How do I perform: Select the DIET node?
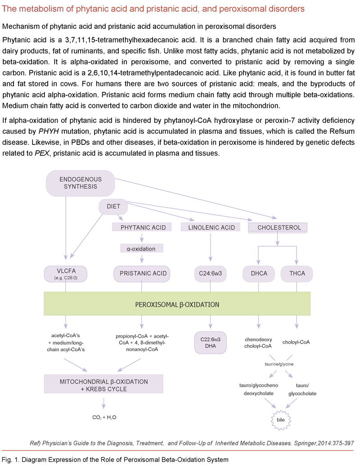pos(112,207)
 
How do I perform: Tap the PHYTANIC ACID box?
pos(143,228)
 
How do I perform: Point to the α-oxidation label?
pos(142,249)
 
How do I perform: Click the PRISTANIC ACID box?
pos(143,273)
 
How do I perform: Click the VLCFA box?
pos(66,273)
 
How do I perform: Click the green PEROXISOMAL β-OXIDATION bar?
pos(177,304)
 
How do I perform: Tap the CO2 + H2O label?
pos(104,417)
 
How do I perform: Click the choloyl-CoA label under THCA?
pos(296,342)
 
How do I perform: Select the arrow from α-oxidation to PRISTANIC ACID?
pos(142,258)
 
